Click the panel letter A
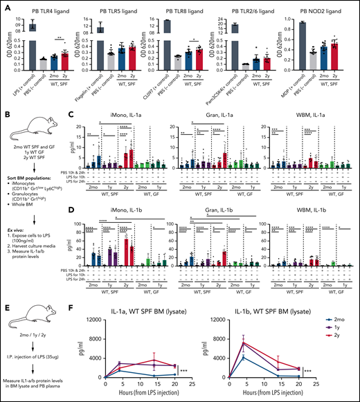pyautogui.click(x=6, y=6)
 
